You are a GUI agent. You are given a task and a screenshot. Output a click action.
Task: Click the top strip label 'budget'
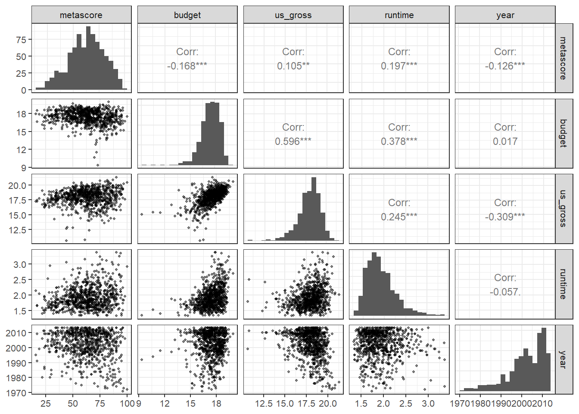187,15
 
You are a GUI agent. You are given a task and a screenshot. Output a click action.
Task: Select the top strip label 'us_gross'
293,15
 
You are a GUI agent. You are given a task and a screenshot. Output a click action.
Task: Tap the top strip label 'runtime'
399,15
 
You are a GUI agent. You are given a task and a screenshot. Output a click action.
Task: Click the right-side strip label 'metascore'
563,58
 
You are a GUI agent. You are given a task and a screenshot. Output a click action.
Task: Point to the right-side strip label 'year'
563,359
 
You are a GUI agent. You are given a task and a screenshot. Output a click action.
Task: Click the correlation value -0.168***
187,66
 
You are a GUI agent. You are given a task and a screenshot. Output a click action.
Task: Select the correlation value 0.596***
293,141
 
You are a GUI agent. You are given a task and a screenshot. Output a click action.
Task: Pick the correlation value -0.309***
505,217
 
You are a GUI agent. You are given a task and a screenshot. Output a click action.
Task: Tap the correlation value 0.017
505,141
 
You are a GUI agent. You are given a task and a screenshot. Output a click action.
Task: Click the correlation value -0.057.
505,292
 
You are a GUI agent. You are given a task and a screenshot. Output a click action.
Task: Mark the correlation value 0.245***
399,217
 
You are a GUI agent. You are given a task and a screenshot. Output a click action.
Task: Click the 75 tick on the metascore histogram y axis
21,40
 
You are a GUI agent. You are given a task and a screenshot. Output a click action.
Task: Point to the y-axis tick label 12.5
17,230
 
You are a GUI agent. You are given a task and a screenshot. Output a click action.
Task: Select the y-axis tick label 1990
16,363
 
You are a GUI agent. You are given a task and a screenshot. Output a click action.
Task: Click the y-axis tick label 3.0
20,264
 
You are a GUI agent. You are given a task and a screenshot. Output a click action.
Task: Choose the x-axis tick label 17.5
307,404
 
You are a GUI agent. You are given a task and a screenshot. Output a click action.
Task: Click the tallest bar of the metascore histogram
88,58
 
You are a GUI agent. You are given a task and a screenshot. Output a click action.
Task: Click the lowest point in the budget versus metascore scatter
98,165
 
